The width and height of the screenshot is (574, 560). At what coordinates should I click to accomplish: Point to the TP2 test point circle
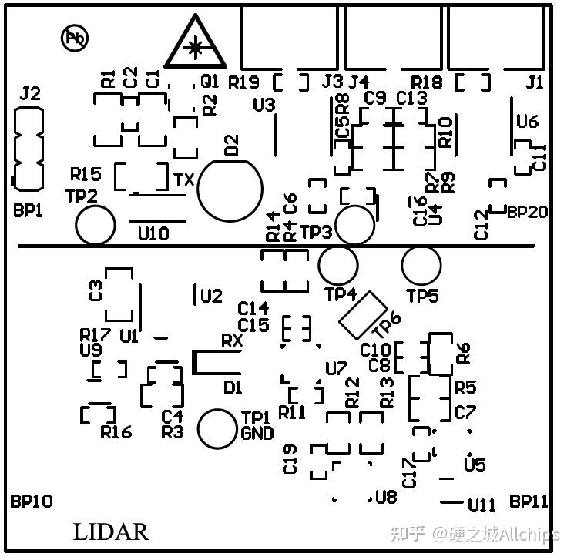pyautogui.click(x=96, y=226)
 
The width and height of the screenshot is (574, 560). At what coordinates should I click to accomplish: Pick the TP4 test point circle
pyautogui.click(x=338, y=266)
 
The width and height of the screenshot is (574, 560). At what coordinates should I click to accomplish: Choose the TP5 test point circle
pyautogui.click(x=421, y=267)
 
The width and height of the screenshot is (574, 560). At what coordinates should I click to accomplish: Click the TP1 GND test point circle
pyautogui.click(x=217, y=428)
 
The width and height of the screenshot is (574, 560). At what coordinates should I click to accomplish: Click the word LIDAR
pyautogui.click(x=111, y=532)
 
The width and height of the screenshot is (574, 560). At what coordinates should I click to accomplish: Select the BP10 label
pyautogui.click(x=32, y=501)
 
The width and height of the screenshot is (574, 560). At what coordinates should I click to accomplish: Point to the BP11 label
pyautogui.click(x=529, y=501)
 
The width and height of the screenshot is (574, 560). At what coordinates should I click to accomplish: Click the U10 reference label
pyautogui.click(x=153, y=233)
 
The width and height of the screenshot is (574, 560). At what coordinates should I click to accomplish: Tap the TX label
pyautogui.click(x=183, y=180)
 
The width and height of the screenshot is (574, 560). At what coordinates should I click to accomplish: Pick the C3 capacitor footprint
pyautogui.click(x=119, y=293)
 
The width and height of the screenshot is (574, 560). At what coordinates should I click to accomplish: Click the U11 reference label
pyautogui.click(x=482, y=505)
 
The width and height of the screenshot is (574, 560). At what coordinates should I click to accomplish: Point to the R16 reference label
pyautogui.click(x=116, y=432)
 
